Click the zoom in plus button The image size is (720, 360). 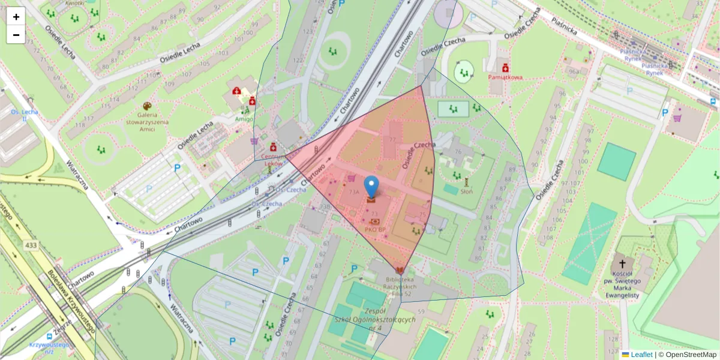click(16, 17)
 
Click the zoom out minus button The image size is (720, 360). click(16, 35)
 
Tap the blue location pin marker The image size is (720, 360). click(372, 187)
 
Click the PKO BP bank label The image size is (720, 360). click(375, 229)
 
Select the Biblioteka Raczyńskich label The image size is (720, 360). click(399, 283)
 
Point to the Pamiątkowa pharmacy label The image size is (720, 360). click(505, 77)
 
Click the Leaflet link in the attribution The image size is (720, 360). click(641, 355)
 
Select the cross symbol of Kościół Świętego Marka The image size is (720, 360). click(622, 264)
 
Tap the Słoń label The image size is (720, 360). click(466, 191)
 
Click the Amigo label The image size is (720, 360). click(244, 119)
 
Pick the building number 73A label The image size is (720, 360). click(354, 192)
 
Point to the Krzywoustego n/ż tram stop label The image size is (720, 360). click(49, 348)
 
